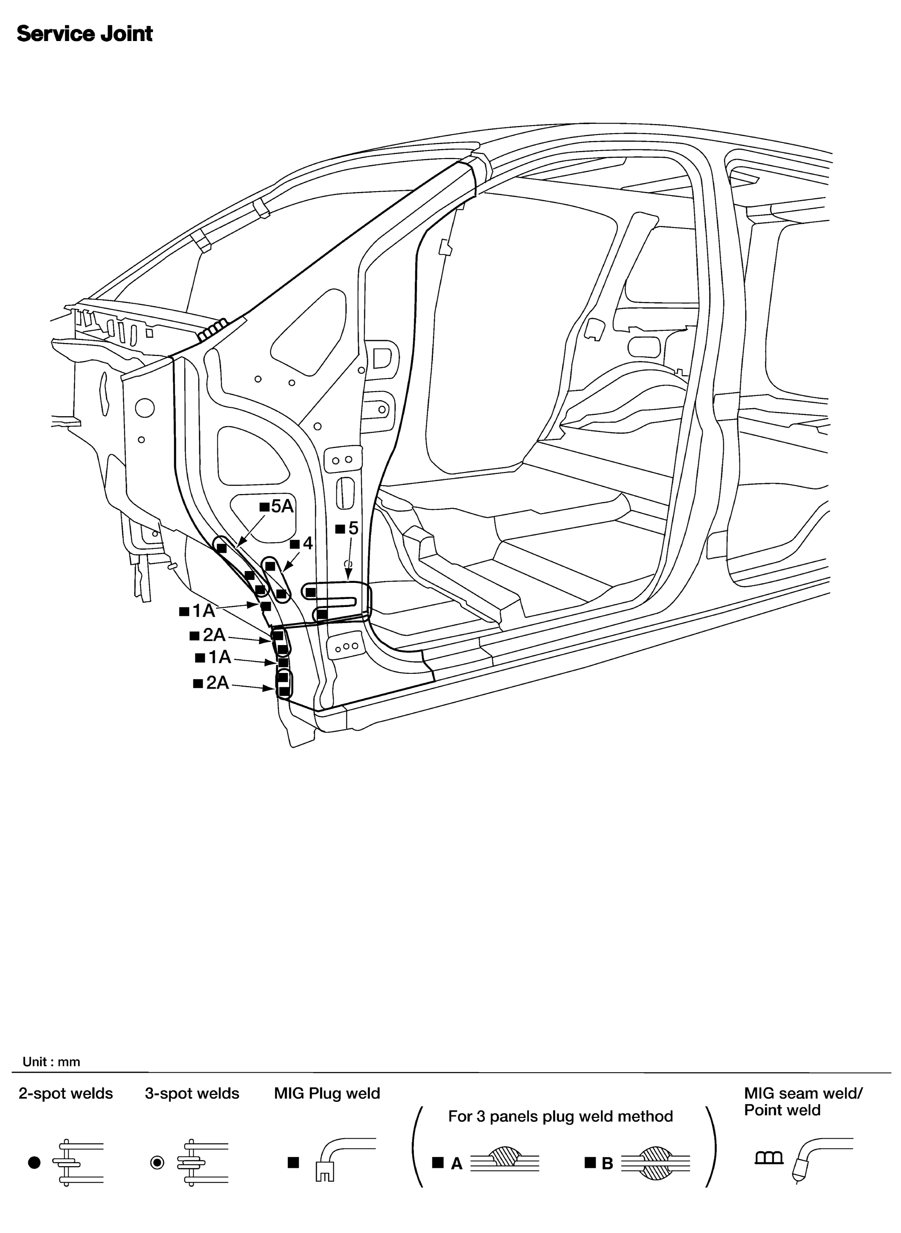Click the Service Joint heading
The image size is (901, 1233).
click(x=85, y=34)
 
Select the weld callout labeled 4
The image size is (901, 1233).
click(x=303, y=543)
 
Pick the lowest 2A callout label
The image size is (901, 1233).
click(x=212, y=683)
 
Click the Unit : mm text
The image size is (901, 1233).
click(x=51, y=1061)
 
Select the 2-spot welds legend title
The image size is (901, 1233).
click(x=66, y=1093)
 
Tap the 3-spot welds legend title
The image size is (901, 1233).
click(x=192, y=1093)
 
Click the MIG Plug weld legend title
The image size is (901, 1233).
click(x=327, y=1093)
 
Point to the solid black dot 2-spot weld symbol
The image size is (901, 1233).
click(x=34, y=1163)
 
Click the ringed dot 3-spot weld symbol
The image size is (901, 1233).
click(x=157, y=1163)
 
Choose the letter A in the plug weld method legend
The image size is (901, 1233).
click(x=456, y=1164)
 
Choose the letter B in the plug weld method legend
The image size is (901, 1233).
click(x=607, y=1164)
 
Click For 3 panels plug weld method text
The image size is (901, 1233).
click(x=560, y=1116)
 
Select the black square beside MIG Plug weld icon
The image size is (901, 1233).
click(x=294, y=1163)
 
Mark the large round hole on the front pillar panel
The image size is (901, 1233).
click(x=145, y=407)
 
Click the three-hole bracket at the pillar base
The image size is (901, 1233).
click(x=346, y=647)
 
